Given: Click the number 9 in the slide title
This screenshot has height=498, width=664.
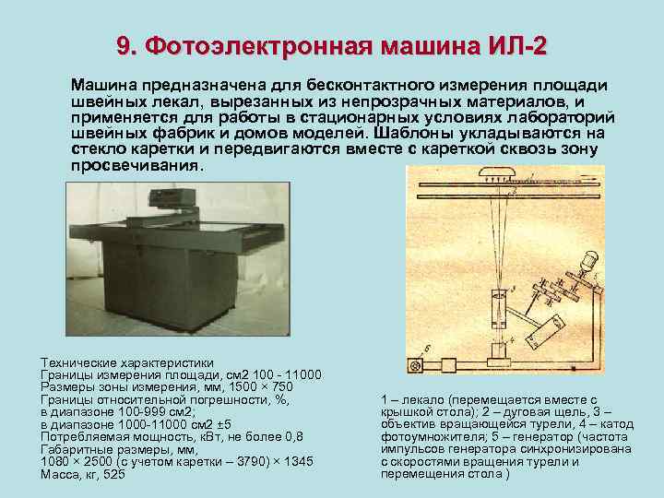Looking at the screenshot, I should [x=124, y=46].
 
